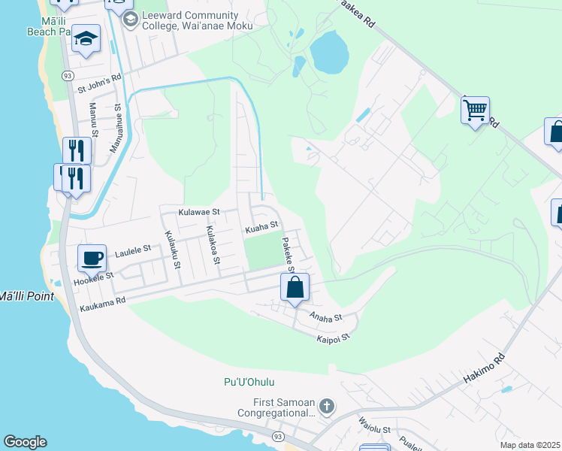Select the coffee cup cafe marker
tap(92, 259)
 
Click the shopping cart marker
tap(475, 110)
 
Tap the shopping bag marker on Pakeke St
tap(295, 287)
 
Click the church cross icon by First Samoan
tap(326, 407)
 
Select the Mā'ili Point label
tap(26, 295)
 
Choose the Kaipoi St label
tap(334, 338)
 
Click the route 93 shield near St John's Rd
tap(68, 76)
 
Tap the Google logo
tap(25, 442)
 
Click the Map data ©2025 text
tap(530, 445)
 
